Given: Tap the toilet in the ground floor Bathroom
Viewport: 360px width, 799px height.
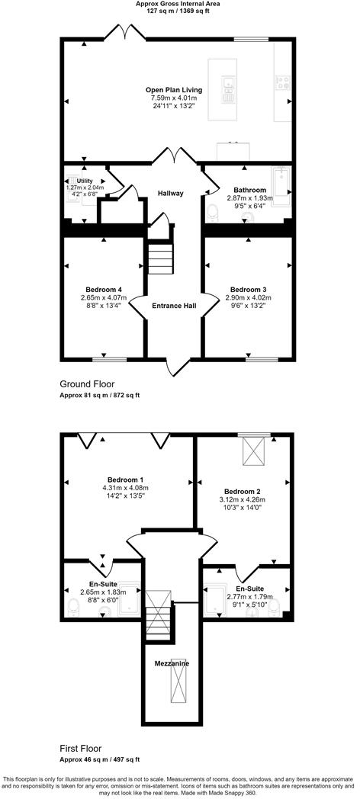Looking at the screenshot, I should pyautogui.click(x=214, y=211).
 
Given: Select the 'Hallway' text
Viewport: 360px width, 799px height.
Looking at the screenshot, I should pyautogui.click(x=171, y=193).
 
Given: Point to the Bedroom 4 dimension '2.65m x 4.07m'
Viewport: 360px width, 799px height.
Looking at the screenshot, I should pyautogui.click(x=104, y=297).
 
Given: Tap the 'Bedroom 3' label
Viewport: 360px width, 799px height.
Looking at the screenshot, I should pyautogui.click(x=248, y=289).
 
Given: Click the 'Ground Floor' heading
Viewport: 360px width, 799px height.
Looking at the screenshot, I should pyautogui.click(x=87, y=384).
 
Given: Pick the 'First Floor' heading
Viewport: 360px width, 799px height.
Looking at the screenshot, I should pyautogui.click(x=80, y=749).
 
